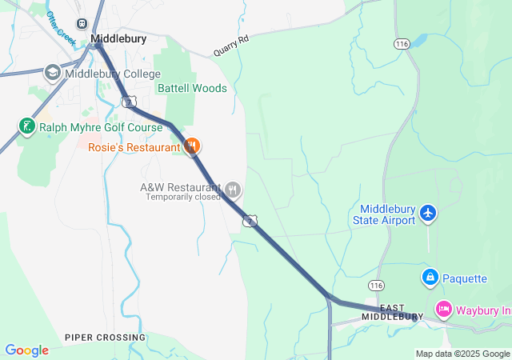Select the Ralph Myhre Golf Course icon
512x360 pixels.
point(26,126)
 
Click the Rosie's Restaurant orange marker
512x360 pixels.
point(191,146)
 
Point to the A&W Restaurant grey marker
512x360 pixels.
point(232,190)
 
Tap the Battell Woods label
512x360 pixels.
point(192,88)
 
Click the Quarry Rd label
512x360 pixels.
point(231,48)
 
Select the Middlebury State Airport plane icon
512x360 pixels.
point(429,214)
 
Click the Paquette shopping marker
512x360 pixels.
point(430,278)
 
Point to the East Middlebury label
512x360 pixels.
point(392,312)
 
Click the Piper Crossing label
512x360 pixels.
point(106,338)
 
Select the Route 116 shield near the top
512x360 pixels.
point(402,44)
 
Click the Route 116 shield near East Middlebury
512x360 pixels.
point(376,286)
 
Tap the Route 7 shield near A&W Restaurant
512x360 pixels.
point(250,220)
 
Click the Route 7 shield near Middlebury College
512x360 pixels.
point(130,101)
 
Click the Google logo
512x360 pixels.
point(26,350)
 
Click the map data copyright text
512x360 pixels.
point(462,354)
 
